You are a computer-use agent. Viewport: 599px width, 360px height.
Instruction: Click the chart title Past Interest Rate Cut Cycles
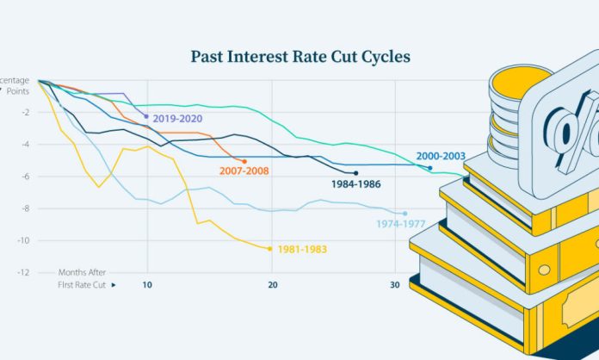click(x=299, y=57)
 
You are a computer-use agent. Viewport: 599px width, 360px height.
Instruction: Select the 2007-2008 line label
click(x=244, y=171)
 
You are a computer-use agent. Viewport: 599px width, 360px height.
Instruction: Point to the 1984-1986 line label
click(x=355, y=183)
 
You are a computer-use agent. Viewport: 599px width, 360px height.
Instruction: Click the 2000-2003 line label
click(x=442, y=157)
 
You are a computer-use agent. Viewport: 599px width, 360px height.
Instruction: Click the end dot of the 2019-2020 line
click(x=146, y=115)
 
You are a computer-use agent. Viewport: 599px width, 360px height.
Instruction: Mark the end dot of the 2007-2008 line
click(x=244, y=161)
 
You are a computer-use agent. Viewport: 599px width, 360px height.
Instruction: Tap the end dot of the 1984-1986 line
click(x=355, y=173)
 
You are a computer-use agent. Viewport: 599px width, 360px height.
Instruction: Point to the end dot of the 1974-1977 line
click(x=404, y=213)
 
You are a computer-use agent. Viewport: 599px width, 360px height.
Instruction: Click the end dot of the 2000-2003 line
click(x=430, y=167)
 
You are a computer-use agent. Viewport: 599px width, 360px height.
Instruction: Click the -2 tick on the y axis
click(x=28, y=112)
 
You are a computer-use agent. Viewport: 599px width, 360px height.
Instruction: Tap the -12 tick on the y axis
click(x=26, y=272)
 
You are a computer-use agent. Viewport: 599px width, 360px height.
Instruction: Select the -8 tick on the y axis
click(x=28, y=208)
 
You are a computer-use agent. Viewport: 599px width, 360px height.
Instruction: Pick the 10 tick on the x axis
click(x=147, y=285)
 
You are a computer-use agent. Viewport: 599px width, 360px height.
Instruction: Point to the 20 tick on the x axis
click(x=272, y=285)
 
